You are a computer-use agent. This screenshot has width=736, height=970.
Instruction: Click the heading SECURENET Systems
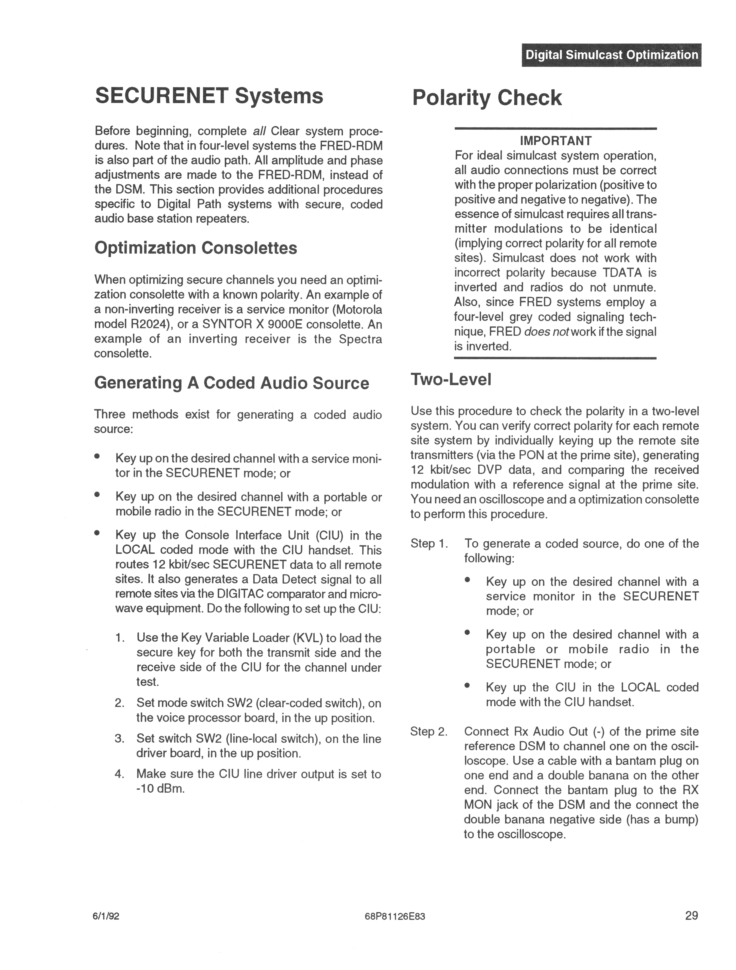coord(209,96)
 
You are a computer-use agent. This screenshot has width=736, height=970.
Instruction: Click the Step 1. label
coord(429,544)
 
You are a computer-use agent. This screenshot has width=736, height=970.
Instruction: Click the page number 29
coord(691,916)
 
